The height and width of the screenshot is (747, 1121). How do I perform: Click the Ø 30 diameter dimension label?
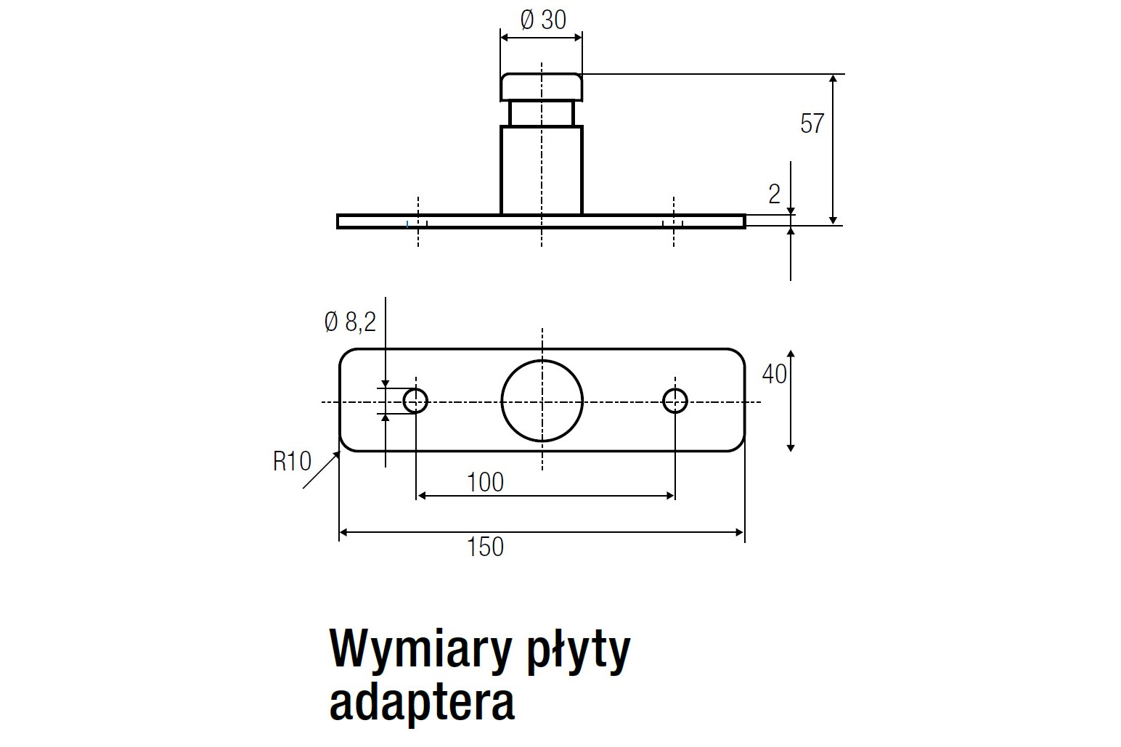click(543, 20)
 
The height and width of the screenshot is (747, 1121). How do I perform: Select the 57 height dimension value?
click(812, 124)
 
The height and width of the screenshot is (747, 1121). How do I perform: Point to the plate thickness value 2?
click(774, 195)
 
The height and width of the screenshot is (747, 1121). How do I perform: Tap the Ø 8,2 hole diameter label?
click(350, 322)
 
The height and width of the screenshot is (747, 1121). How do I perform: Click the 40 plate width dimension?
click(774, 374)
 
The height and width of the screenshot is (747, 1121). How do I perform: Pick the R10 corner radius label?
click(292, 461)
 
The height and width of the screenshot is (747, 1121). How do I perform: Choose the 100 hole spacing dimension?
click(486, 482)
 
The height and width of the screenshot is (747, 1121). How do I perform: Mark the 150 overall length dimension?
click(486, 547)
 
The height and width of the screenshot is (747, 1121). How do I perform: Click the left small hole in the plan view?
click(415, 400)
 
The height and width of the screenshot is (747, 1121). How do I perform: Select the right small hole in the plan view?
click(675, 400)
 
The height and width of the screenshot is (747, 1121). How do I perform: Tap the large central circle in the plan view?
click(542, 401)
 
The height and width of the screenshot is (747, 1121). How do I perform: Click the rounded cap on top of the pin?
click(542, 86)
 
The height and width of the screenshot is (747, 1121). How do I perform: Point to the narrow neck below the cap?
click(542, 113)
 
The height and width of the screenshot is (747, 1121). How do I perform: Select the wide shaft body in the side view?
click(542, 170)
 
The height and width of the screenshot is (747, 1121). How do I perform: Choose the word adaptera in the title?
click(422, 701)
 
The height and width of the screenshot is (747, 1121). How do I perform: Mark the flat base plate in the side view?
click(472, 221)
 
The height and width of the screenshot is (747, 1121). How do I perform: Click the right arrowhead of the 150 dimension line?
click(740, 533)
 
